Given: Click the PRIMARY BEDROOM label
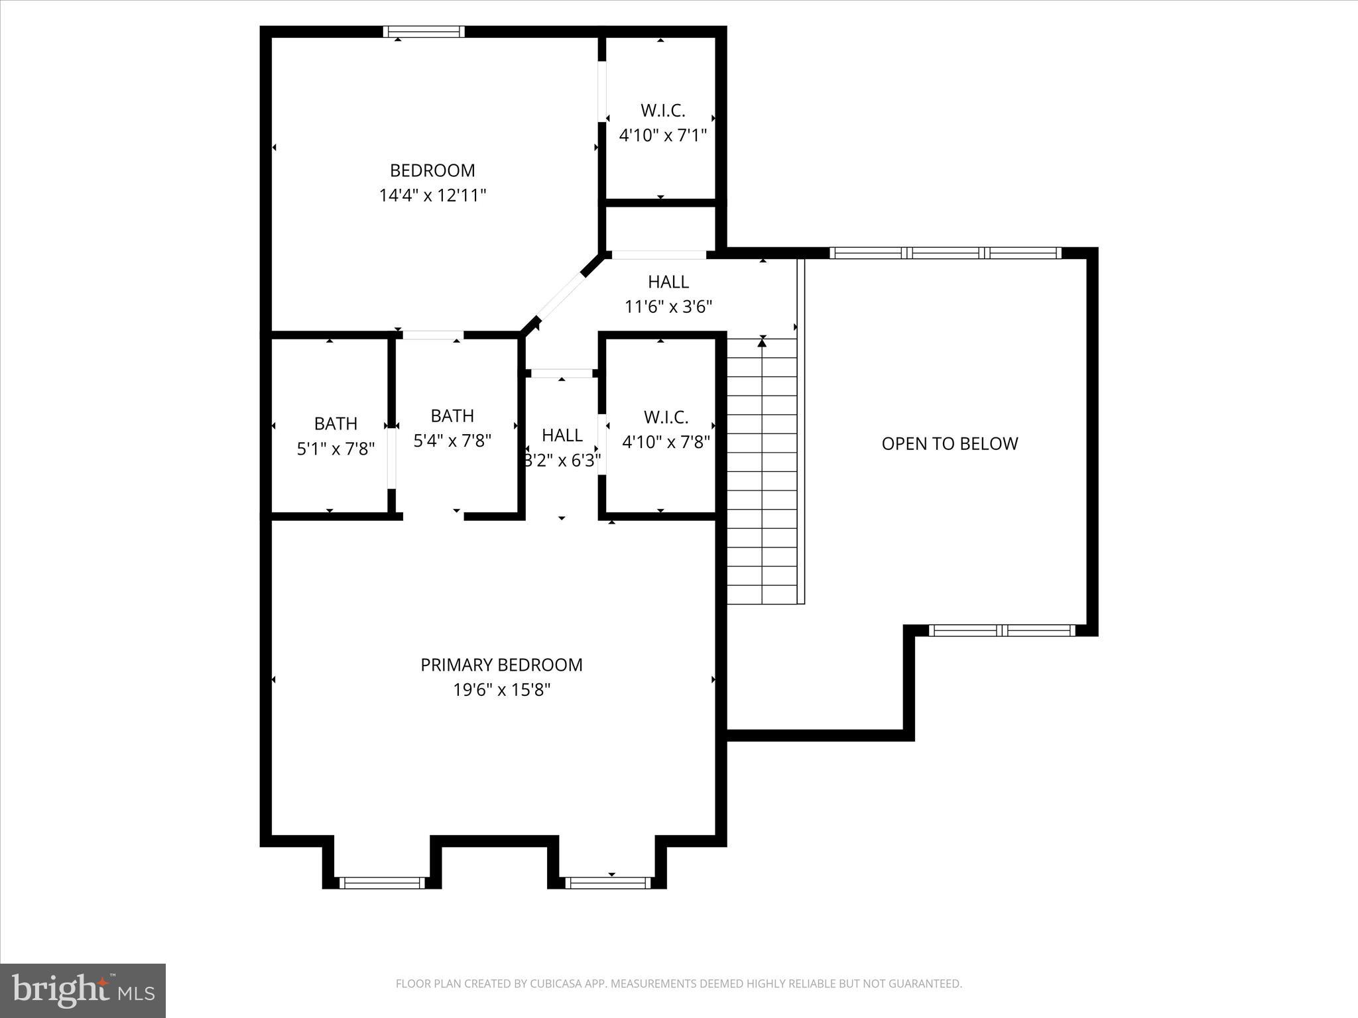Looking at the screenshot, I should point(501,665).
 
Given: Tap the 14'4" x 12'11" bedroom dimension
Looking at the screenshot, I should point(432,196).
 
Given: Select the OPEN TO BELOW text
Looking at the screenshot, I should point(949,443).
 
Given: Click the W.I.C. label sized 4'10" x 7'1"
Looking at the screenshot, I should point(662,110).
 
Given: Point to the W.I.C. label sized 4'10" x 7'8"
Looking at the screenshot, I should point(666,417).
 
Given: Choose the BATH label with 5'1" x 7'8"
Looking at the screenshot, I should point(336,424).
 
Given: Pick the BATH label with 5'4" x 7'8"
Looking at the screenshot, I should point(452,416).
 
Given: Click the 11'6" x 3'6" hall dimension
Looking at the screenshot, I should point(668,307).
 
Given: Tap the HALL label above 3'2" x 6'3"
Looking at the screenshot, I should point(562,435).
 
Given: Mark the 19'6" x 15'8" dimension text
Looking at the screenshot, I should point(501,690).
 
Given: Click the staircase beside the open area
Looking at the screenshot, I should point(763,471).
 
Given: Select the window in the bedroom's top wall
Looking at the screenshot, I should point(424,31).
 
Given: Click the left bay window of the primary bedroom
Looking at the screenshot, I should point(381,882).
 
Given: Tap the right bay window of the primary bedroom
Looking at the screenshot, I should point(607,882).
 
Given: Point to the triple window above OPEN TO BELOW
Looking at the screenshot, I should point(944,253).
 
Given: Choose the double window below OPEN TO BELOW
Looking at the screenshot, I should point(1001,630).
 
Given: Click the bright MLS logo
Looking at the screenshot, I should point(82,990).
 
